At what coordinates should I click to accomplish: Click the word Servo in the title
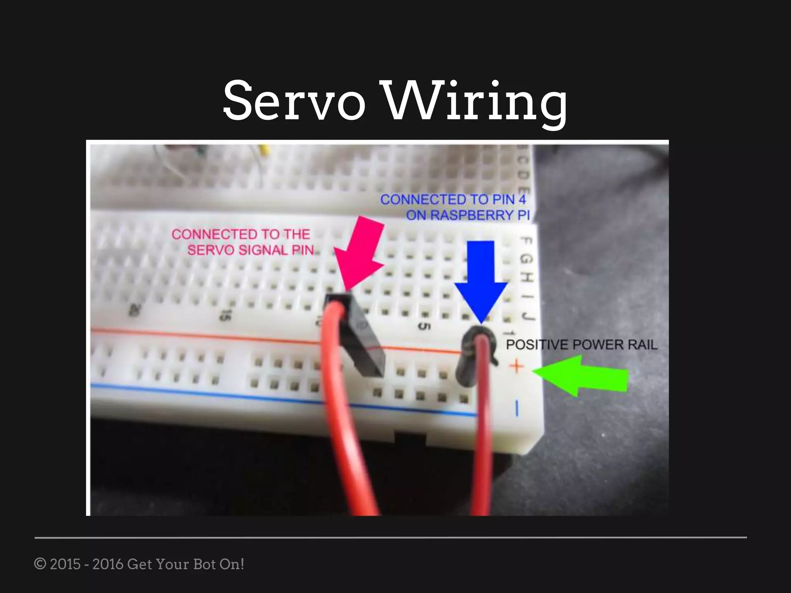pos(294,101)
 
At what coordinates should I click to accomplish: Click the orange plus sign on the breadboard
pos(516,366)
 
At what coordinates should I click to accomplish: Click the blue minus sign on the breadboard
pos(517,408)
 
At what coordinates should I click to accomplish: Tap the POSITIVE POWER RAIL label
pos(581,344)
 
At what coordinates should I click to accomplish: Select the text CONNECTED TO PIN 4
pos(453,200)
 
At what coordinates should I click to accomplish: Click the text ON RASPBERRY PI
pos(468,215)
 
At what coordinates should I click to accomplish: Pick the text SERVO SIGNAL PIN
pos(250,250)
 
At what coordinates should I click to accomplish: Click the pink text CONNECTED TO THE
pos(241,234)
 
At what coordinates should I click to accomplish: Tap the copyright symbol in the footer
pos(40,564)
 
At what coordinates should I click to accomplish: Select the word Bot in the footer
pos(204,564)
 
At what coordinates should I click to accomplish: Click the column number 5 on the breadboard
pos(424,326)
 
